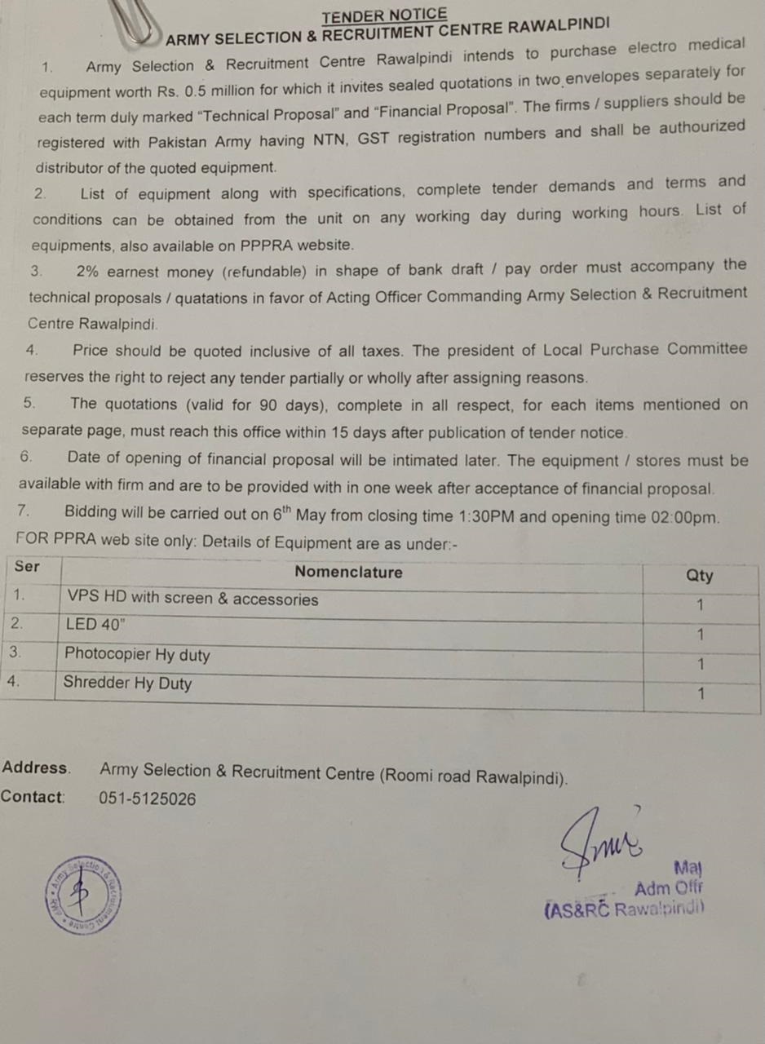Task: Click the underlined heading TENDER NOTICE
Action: tap(384, 15)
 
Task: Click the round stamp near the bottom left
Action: tap(84, 895)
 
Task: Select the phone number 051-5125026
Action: tap(148, 799)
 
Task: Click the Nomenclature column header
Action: tap(348, 573)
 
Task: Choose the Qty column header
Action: tap(699, 575)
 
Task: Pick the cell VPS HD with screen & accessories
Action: tap(192, 599)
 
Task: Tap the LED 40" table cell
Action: tap(96, 626)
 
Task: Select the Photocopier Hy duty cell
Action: tap(137, 654)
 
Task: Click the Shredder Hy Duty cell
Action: tap(127, 683)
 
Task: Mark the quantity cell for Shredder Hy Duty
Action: tap(700, 694)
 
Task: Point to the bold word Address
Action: tap(35, 768)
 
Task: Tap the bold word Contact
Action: tap(33, 797)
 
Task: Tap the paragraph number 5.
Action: tap(29, 402)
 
